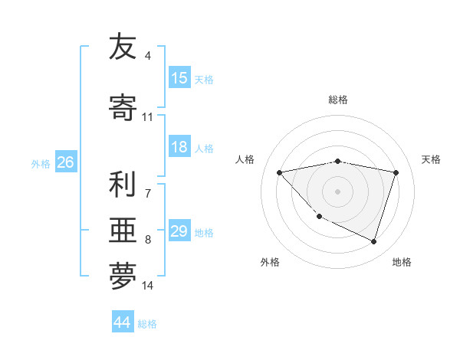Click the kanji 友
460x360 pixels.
point(123,47)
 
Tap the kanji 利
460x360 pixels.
point(123,185)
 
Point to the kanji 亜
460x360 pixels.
point(123,231)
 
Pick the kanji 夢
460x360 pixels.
point(123,277)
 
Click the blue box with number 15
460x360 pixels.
point(179,78)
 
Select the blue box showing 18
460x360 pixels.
point(179,147)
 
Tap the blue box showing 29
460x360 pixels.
point(179,231)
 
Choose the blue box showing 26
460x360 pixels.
point(65,162)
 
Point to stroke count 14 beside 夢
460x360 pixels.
point(148,286)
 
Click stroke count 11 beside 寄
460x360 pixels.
point(148,117)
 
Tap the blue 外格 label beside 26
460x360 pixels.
point(41,163)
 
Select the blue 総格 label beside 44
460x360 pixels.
point(147,324)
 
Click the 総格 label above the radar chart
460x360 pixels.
point(338,100)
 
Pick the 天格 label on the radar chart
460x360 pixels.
point(432,159)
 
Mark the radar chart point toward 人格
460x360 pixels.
point(279,172)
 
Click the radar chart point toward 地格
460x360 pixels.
point(374,242)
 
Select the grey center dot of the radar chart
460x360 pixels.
point(338,191)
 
